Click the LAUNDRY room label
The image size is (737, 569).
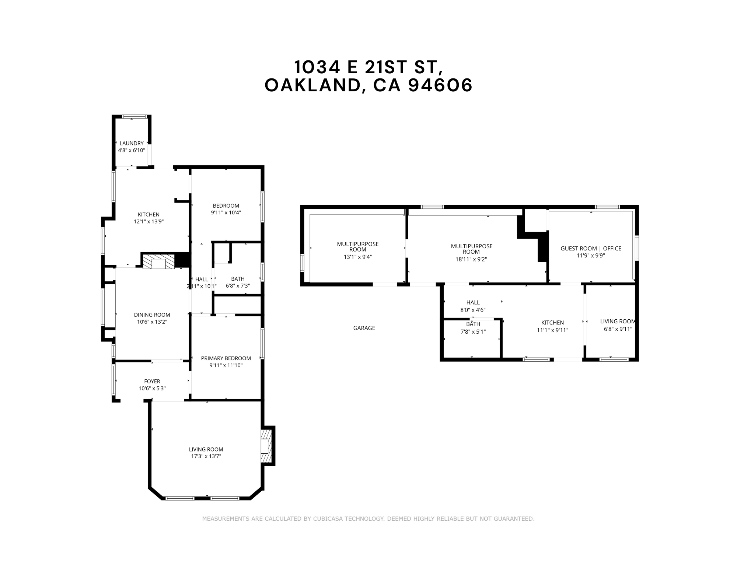click(132, 143)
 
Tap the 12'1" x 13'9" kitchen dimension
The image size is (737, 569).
click(149, 222)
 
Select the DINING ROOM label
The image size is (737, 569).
click(152, 315)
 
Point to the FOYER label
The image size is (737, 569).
click(152, 382)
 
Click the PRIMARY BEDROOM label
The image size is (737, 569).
click(226, 358)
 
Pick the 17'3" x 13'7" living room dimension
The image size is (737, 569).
click(206, 456)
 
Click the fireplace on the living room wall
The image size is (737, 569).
click(265, 446)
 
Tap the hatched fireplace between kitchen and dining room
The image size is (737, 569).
click(158, 261)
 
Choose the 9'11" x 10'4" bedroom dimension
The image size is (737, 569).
click(226, 213)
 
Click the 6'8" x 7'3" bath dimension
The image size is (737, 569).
click(238, 286)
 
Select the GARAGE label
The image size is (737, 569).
click(364, 328)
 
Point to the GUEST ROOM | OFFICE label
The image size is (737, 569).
click(591, 249)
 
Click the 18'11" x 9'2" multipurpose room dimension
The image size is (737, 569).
click(471, 259)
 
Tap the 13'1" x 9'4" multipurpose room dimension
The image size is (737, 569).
click(357, 257)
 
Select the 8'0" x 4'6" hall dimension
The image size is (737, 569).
click(473, 310)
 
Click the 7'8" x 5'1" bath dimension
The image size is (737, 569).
click(473, 331)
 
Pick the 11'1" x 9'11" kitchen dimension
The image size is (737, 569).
click(552, 330)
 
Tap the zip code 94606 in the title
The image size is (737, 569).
click(441, 86)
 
